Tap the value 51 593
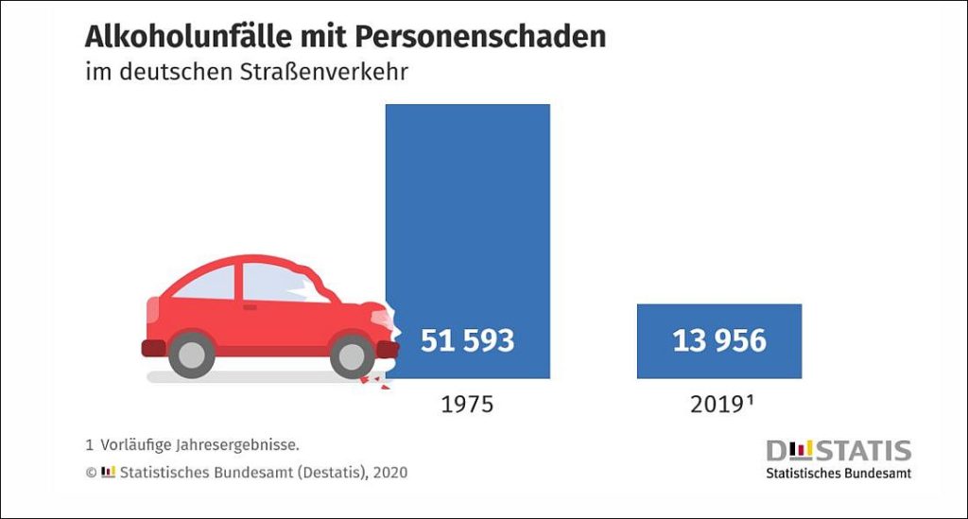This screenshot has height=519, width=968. point(467,340)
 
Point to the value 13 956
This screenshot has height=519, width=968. point(718,340)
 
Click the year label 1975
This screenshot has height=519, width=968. point(467,405)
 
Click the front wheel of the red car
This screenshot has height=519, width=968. point(353,355)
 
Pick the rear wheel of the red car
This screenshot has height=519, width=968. point(191,355)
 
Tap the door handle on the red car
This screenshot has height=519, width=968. point(250,307)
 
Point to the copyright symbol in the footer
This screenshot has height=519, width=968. point(91,471)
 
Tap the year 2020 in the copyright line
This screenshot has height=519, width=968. point(389,471)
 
